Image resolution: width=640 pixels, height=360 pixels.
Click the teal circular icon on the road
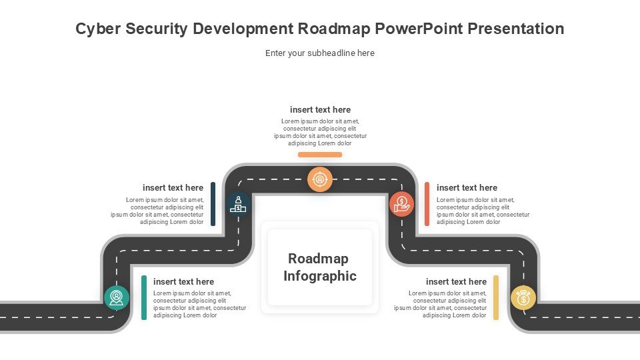pos(116,297)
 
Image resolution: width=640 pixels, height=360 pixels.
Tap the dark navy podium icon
pos(238,204)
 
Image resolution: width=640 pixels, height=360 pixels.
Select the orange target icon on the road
pos(320,179)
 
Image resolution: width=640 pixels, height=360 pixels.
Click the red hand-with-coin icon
pos(401,204)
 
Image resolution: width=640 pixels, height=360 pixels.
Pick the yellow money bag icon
pos(523,297)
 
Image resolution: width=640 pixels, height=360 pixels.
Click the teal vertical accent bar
pos(144,297)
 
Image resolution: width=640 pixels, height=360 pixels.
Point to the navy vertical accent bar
pos(213,204)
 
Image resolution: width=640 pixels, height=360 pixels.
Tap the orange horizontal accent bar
pos(320,155)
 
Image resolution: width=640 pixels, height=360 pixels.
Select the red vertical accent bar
pos(427,204)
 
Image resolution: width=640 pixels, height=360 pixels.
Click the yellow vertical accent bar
pos(496,297)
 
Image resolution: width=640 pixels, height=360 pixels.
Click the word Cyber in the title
pos(98,29)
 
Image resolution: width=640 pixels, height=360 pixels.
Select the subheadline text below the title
pos(320,53)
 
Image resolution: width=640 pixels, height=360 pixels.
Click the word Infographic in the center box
pos(320,276)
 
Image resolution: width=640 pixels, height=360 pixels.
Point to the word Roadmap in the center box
pos(319,259)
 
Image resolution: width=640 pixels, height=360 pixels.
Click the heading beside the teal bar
pos(184,281)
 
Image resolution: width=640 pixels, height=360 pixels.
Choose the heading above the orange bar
pos(321,110)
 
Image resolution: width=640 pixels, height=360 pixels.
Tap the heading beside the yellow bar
pos(456,281)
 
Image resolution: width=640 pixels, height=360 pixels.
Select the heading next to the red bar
pos(467,188)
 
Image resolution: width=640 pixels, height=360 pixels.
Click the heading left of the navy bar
pos(173,188)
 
